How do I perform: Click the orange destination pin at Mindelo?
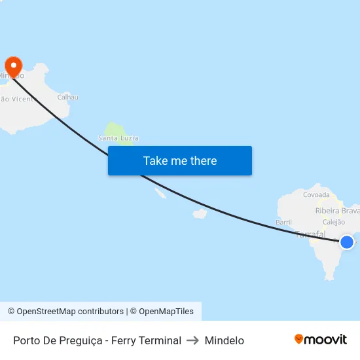[x=13, y=65]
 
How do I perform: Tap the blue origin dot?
[x=347, y=242]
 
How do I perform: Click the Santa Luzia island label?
[x=118, y=138]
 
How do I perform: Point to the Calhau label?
[x=68, y=98]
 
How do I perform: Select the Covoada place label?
[x=317, y=194]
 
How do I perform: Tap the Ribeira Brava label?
[x=337, y=211]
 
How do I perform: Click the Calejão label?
[x=334, y=223]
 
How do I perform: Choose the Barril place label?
[x=283, y=223]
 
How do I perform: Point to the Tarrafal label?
[x=311, y=234]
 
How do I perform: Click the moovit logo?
[x=321, y=340]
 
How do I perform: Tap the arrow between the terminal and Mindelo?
[x=193, y=340]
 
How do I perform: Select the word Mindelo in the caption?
[x=225, y=340]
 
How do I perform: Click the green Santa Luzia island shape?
[x=115, y=128]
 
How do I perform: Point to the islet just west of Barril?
[x=200, y=213]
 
